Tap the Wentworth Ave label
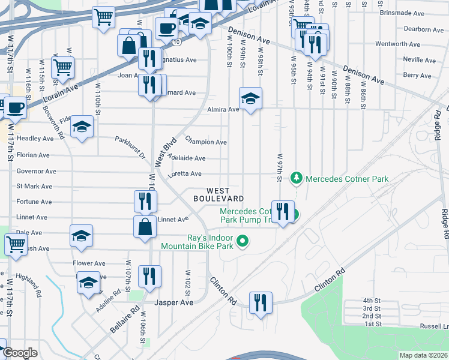coord(397,44)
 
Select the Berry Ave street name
coord(417,76)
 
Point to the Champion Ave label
coord(206,142)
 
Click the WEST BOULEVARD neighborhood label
coord(218,194)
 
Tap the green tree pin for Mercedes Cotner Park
coord(296,178)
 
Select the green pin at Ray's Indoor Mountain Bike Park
coord(243,242)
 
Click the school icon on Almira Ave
coord(250,98)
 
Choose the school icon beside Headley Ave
coord(82,127)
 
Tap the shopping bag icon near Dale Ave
coord(145,227)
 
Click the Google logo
coord(20,353)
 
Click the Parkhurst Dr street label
coord(130,147)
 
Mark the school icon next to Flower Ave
coord(89,282)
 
